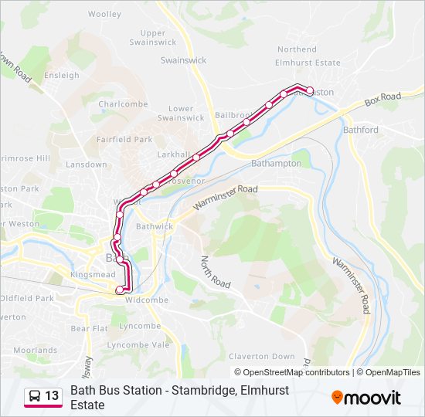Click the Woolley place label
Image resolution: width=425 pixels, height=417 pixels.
pyautogui.click(x=104, y=14)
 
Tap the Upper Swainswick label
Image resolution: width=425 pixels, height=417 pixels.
pyautogui.click(x=153, y=37)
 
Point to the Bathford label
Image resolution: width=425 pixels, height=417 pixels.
pyautogui.click(x=361, y=130)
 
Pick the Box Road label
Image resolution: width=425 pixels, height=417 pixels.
pyautogui.click(x=383, y=98)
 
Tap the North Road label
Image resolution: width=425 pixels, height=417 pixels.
pyautogui.click(x=216, y=273)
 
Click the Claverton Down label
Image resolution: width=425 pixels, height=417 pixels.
pyautogui.click(x=261, y=356)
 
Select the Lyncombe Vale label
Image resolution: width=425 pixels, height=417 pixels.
pyautogui.click(x=138, y=344)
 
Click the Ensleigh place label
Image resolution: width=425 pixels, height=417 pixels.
pyautogui.click(x=62, y=76)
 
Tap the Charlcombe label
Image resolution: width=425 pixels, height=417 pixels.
pyautogui.click(x=123, y=104)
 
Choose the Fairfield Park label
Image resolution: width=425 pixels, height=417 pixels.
pyautogui.click(x=124, y=140)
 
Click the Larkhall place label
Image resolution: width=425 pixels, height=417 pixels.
pyautogui.click(x=173, y=154)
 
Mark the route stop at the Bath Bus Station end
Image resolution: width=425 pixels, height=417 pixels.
pyautogui.click(x=119, y=290)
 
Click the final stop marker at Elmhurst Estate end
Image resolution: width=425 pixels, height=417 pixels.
pyautogui.click(x=310, y=91)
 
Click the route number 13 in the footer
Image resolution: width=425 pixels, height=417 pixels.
pyautogui.click(x=52, y=396)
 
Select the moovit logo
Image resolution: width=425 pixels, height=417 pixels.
pyautogui.click(x=366, y=397)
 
